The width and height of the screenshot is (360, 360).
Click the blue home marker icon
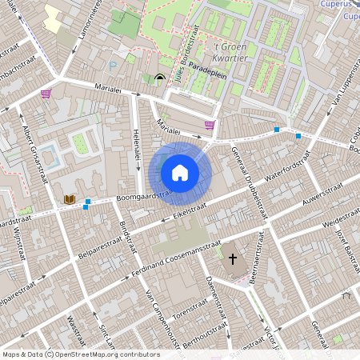point(180,172)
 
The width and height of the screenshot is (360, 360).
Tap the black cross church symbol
point(233,259)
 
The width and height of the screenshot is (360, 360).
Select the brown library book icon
point(69,198)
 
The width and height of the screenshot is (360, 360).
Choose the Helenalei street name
point(137,150)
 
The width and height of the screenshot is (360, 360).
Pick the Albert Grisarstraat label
point(36,156)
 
